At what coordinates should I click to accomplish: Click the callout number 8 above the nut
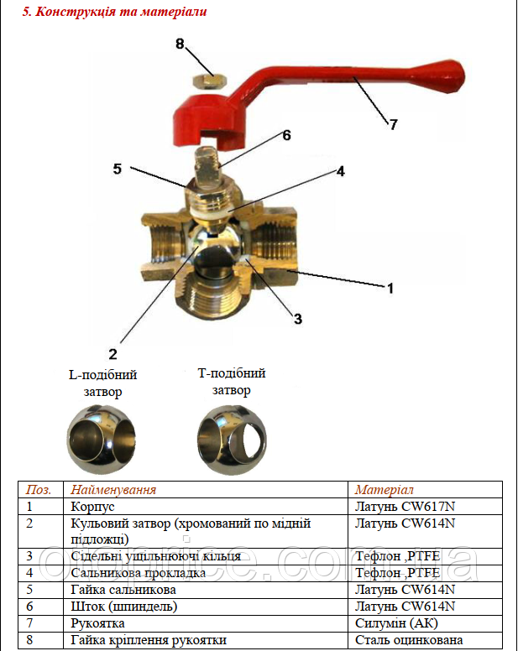coord(181,43)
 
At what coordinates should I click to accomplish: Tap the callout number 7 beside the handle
coord(393,124)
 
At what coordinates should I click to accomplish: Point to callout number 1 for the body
coord(390,287)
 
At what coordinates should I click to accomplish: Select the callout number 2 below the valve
coord(112,353)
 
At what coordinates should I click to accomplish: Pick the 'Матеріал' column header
coord(384,490)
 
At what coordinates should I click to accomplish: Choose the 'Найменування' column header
coord(113,490)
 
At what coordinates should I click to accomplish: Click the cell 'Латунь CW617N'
coord(405,507)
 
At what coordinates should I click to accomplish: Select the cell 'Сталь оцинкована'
coord(409,640)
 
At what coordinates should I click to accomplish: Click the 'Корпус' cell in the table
coord(93,507)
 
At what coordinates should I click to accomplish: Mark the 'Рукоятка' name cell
coord(98,623)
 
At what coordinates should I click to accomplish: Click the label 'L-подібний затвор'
coord(102,383)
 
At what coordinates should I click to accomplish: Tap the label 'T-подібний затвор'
coord(231,382)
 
